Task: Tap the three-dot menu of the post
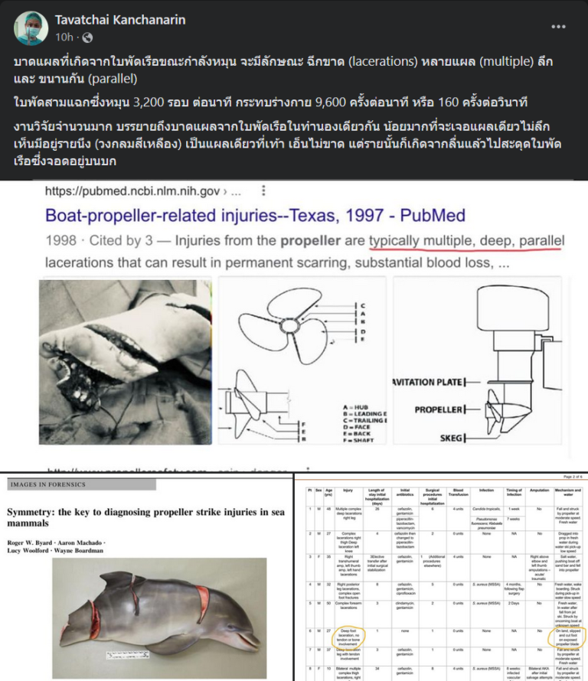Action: click(559, 26)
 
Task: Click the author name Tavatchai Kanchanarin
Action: click(119, 19)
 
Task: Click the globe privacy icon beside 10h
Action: click(87, 37)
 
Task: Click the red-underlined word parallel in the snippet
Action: click(541, 241)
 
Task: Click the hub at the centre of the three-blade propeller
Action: click(292, 325)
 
